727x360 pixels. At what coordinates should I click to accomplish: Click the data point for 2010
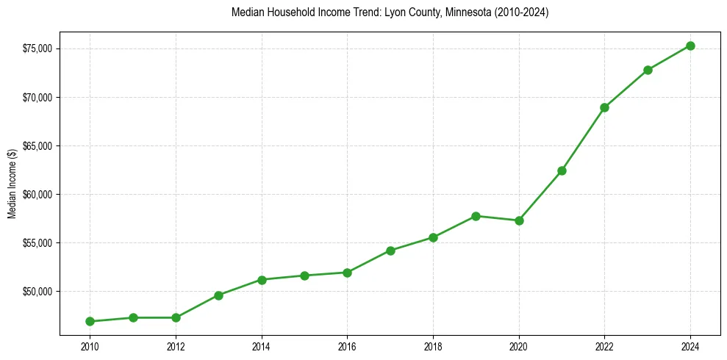tap(90, 321)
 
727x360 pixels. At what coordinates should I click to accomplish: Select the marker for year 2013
tap(218, 295)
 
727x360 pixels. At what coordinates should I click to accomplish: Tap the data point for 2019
tap(476, 216)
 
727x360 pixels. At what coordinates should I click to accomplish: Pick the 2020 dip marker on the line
tap(519, 220)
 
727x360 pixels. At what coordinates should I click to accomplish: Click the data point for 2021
tap(562, 170)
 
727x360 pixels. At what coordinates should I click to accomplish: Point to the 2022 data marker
tap(604, 107)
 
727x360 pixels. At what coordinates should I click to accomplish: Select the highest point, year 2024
tap(690, 46)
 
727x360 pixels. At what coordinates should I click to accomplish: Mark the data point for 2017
tap(390, 251)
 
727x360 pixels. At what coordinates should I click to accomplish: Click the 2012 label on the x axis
tap(176, 346)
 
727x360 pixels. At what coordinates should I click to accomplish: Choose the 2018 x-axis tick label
tap(433, 346)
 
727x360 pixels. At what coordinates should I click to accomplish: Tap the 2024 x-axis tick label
tap(690, 346)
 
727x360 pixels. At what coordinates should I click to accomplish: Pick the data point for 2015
tap(304, 276)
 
